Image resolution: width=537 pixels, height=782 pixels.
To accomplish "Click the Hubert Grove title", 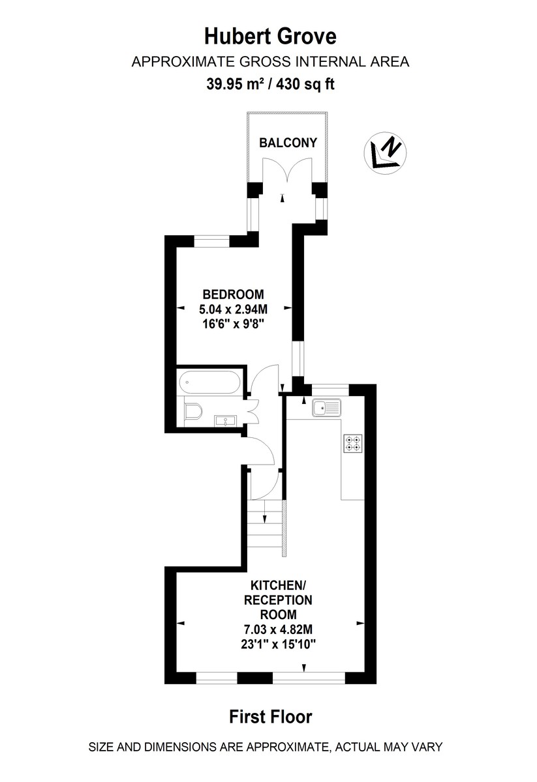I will [x=270, y=36].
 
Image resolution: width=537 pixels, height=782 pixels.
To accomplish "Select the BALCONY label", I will [x=288, y=143].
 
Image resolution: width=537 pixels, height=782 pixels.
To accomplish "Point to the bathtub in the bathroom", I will [x=209, y=381].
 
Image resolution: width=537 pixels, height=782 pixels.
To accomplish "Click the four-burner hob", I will [x=353, y=444].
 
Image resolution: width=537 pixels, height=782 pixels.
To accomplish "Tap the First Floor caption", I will [x=270, y=717].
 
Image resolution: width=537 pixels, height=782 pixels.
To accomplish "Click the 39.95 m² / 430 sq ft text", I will [x=270, y=84].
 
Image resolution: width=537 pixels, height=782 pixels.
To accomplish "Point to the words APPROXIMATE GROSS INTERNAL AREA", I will [x=270, y=63].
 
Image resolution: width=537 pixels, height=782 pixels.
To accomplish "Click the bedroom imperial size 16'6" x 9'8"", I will [x=233, y=323].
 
